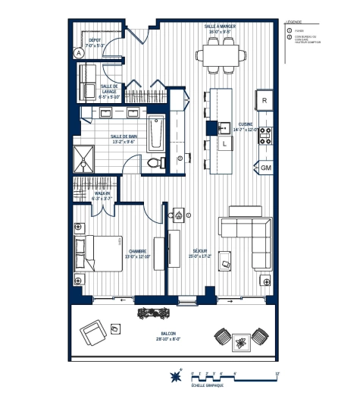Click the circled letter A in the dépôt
[x=78, y=53]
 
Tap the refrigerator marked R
[x=266, y=100]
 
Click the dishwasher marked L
[x=225, y=143]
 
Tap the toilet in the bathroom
[x=155, y=162]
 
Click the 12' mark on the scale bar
[x=278, y=373]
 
